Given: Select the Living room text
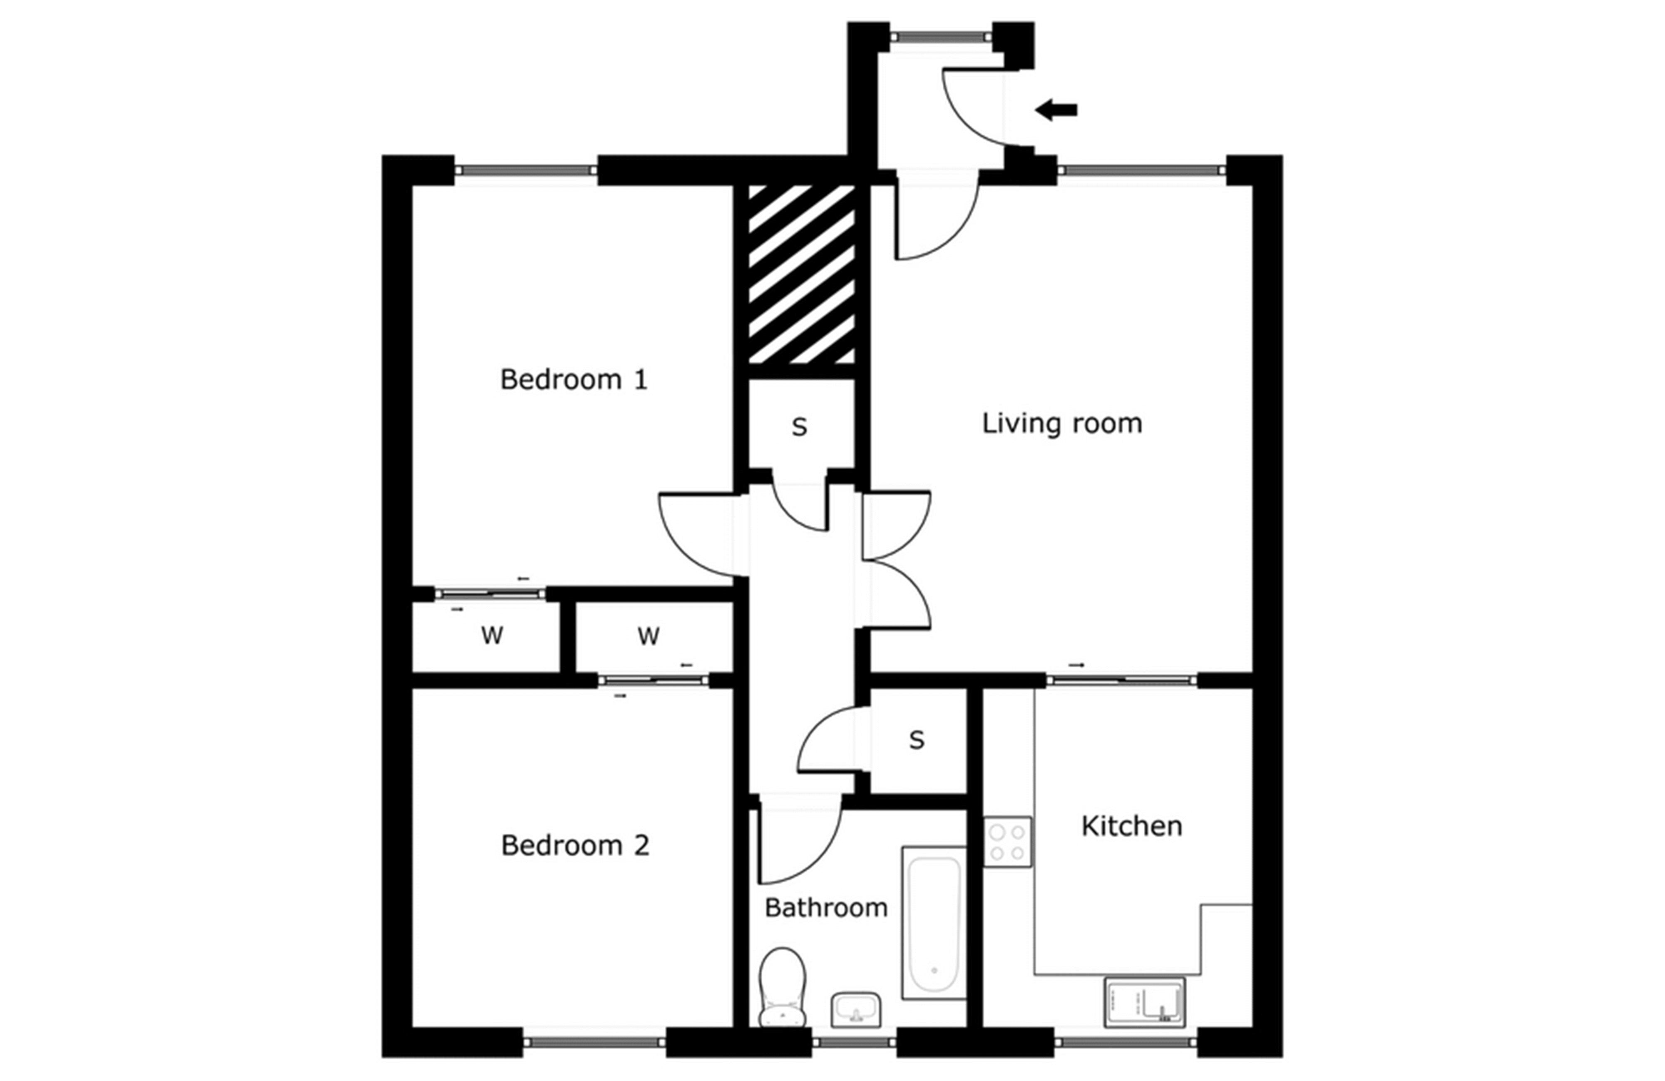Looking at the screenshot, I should (x=1061, y=423).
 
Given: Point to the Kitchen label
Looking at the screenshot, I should (x=1131, y=826).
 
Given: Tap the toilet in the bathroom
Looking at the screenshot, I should (x=782, y=986).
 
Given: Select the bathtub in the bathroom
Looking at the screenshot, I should (x=934, y=922).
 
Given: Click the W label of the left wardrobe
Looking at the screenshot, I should (x=492, y=635).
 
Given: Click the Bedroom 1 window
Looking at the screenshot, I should (x=525, y=170).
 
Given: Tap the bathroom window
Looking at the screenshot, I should (x=853, y=1042).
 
